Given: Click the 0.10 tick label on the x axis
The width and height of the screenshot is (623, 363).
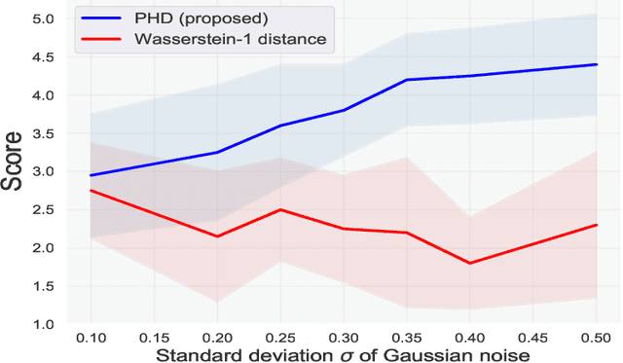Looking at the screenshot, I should [x=91, y=337].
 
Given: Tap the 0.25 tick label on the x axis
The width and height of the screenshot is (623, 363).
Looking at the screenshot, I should [x=280, y=337].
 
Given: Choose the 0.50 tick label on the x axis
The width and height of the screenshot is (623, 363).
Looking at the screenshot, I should [x=597, y=337].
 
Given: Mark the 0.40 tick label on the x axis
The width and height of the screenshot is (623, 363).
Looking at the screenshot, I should [x=470, y=337].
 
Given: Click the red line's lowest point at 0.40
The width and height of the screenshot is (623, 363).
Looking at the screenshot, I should [x=470, y=263].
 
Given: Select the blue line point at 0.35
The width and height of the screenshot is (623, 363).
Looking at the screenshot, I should [x=407, y=80].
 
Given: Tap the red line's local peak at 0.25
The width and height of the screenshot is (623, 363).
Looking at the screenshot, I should [x=280, y=209].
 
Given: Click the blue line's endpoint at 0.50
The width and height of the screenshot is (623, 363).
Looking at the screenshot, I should [x=597, y=64].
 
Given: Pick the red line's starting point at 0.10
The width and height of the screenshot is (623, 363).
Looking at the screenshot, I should [x=91, y=191].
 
